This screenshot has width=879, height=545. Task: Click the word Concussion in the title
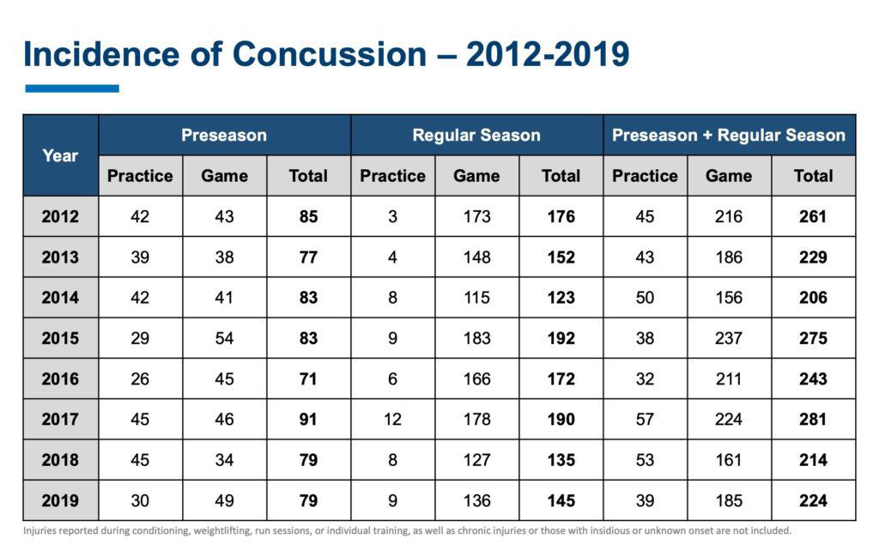point(329,54)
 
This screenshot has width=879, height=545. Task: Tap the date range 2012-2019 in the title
point(548,54)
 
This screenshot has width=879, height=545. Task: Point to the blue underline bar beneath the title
point(72,88)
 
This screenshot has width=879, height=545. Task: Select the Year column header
point(60,155)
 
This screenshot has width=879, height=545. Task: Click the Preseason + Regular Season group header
point(729,135)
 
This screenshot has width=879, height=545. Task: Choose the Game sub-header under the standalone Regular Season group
point(476,176)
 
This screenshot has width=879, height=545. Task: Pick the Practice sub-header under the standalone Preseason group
point(140,176)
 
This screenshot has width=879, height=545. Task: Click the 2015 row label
point(60,338)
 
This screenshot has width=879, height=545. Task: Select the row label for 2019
point(60,500)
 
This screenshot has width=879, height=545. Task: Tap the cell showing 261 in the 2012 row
point(813,216)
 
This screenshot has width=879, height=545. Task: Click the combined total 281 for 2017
point(813,419)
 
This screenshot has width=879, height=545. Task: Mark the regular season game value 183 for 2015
point(476,338)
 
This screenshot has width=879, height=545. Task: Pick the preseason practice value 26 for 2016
point(140,378)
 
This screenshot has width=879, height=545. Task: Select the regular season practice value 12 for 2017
point(392,419)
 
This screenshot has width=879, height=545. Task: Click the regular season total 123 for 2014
point(561,298)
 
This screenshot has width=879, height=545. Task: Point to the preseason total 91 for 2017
point(308,419)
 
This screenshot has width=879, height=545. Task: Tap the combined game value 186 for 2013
point(729,257)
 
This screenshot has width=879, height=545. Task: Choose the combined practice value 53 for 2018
point(645,460)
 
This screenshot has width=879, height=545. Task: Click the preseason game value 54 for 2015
point(224,338)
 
